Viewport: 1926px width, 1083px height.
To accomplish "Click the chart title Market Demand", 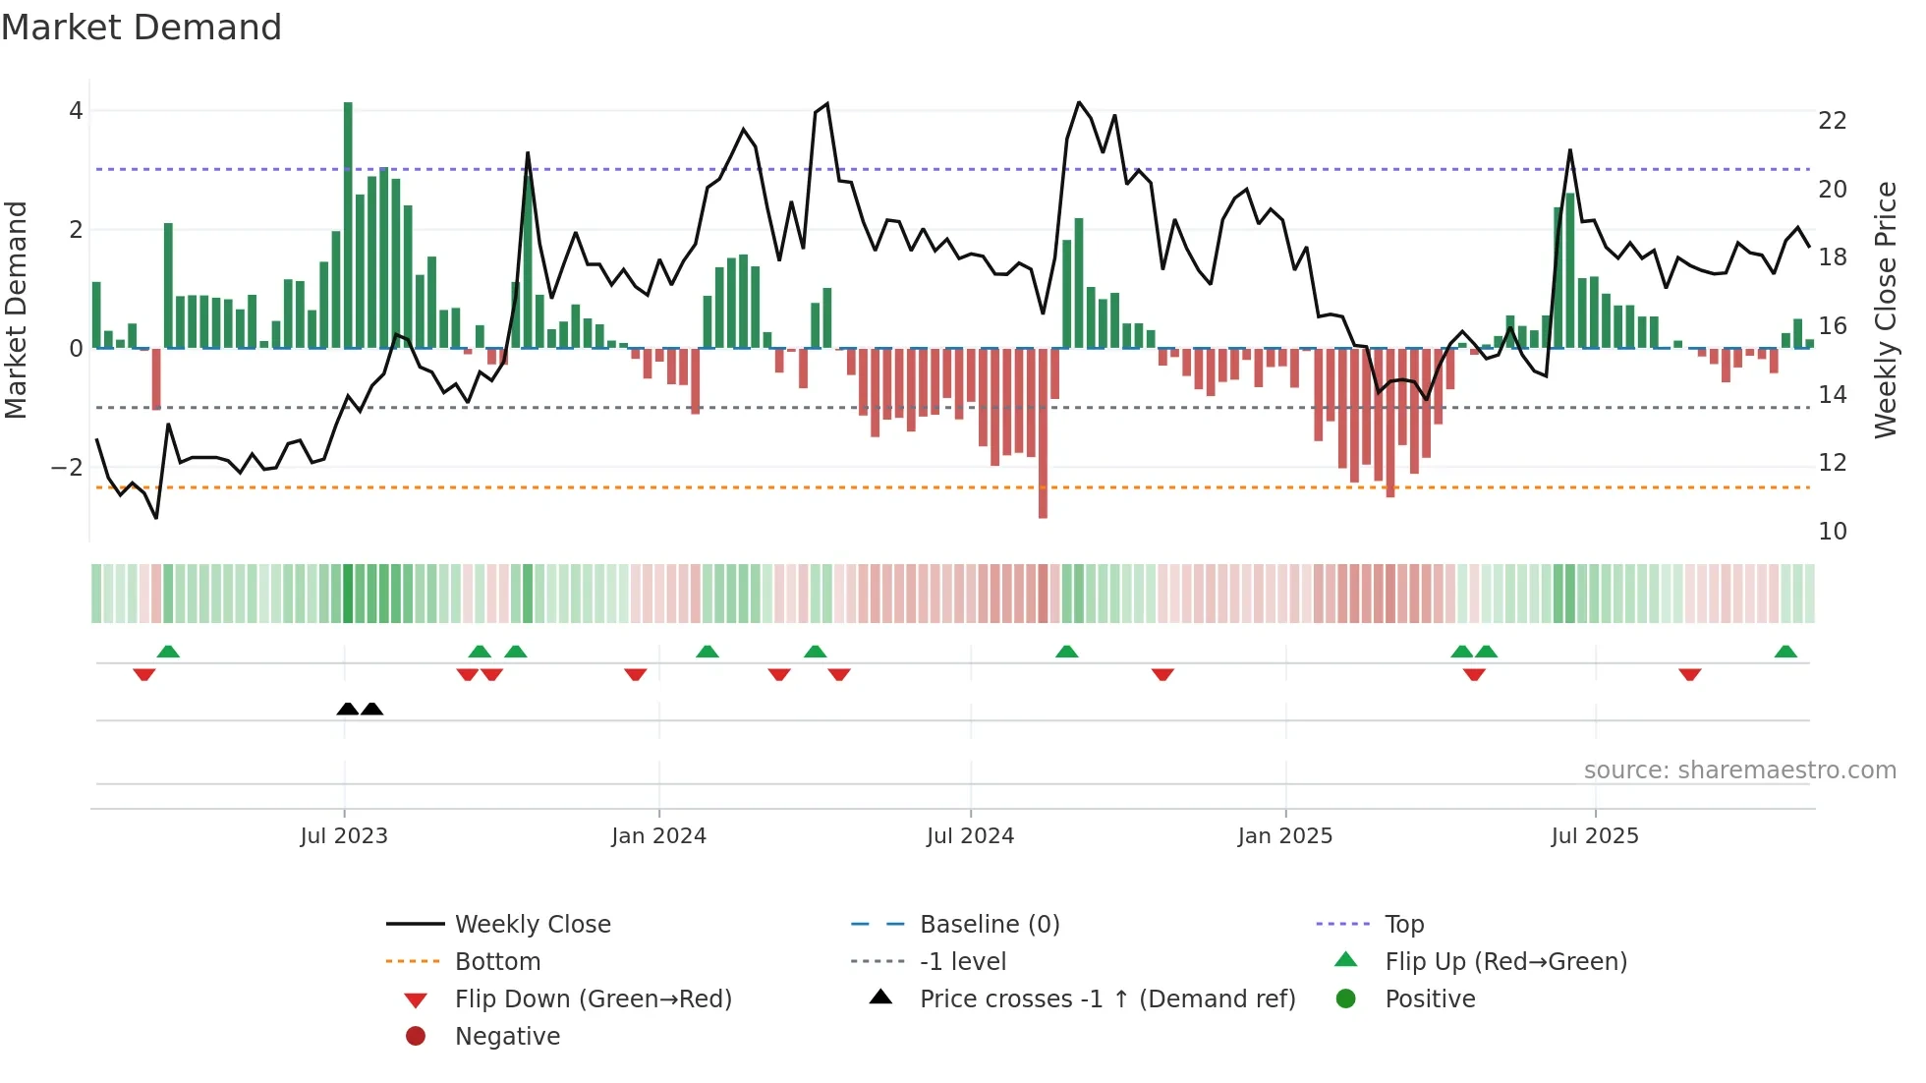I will (x=142, y=28).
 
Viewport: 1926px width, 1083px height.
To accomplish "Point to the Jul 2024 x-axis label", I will (x=970, y=836).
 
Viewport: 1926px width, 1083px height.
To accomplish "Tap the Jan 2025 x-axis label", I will (x=1284, y=836).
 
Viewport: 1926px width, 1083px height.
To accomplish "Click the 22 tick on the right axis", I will (x=1832, y=121).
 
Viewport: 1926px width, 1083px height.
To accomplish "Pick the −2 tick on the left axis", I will (x=67, y=467).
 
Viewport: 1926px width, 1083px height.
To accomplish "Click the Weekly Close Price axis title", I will (x=1885, y=310).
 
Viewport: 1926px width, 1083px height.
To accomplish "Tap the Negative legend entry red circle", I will (x=416, y=1037).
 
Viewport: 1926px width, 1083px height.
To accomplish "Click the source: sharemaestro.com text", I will (x=1739, y=770).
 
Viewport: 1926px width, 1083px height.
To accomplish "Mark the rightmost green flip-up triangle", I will (x=1785, y=652).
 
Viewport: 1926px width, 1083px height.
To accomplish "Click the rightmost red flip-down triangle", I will (x=1689, y=674).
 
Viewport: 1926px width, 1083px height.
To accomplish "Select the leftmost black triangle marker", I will (x=347, y=709).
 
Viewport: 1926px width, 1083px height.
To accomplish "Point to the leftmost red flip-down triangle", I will (x=144, y=674).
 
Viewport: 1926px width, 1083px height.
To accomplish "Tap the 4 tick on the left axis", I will (x=76, y=111).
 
